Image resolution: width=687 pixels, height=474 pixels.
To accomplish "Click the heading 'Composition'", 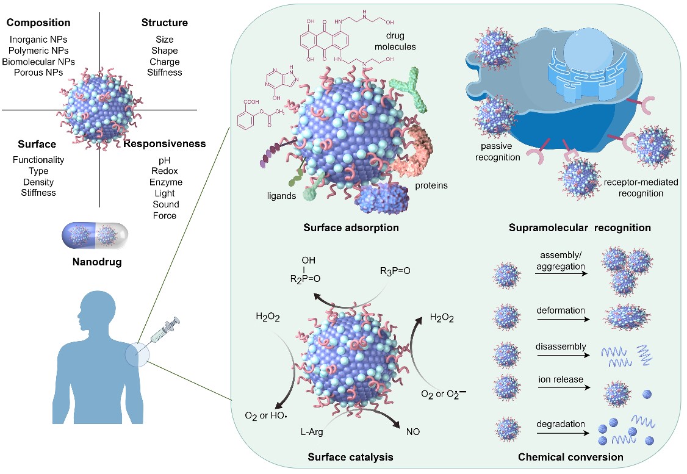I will pyautogui.click(x=38, y=23).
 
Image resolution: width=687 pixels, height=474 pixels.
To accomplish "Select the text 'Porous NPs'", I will pyautogui.click(x=38, y=73).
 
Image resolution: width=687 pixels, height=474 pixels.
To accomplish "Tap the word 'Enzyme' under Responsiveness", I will pyautogui.click(x=165, y=182).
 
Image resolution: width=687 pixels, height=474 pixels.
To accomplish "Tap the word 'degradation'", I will pyautogui.click(x=561, y=424).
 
